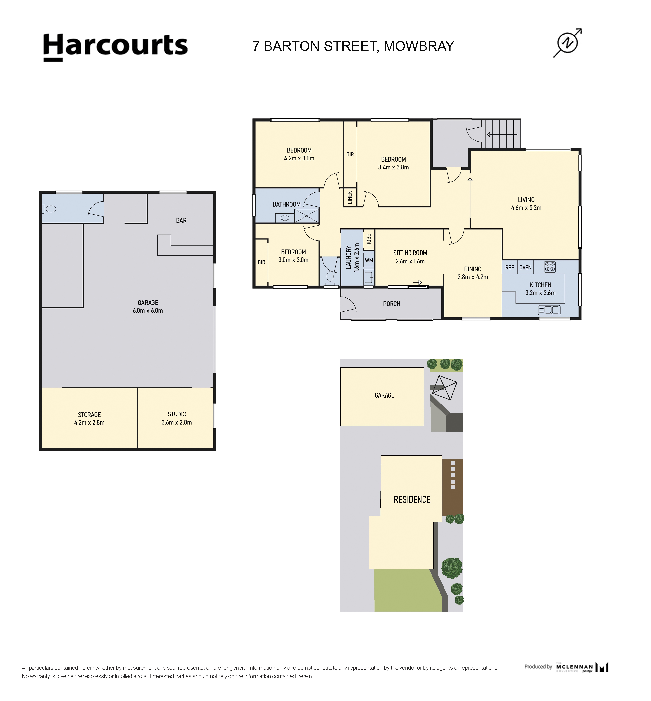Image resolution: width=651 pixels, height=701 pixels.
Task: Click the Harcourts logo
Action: [116, 48]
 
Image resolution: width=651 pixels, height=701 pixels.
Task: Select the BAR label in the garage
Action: [181, 220]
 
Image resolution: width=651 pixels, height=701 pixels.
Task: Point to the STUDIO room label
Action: [177, 414]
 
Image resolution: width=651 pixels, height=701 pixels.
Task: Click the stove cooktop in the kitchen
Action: [550, 267]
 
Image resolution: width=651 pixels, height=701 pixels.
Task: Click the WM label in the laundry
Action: [369, 261]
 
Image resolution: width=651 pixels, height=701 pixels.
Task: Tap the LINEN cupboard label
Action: [350, 198]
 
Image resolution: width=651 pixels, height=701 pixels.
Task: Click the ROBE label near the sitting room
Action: [369, 240]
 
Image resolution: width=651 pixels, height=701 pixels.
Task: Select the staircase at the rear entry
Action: [503, 134]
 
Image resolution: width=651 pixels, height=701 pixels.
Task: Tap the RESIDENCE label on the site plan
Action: [412, 500]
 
